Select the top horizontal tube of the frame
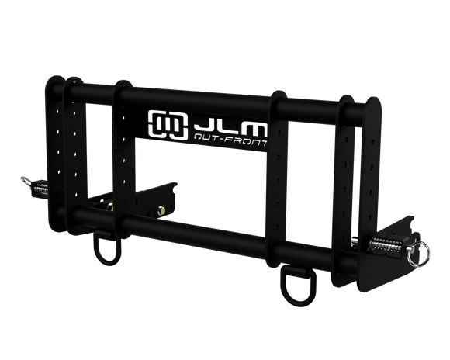coord(233,104)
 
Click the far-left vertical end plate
coord(57,155)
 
